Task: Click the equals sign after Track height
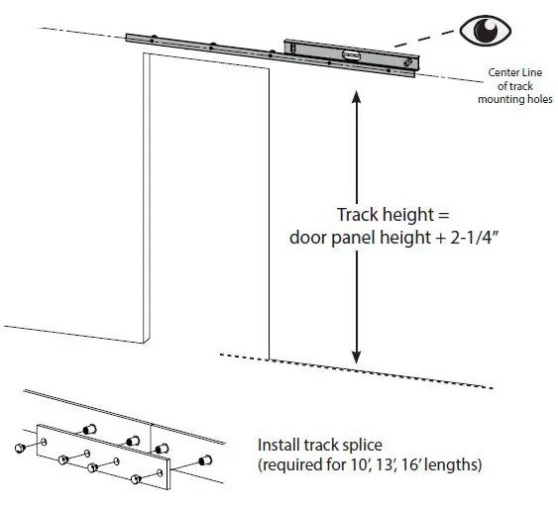(x=423, y=217)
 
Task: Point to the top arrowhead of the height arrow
(x=357, y=95)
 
